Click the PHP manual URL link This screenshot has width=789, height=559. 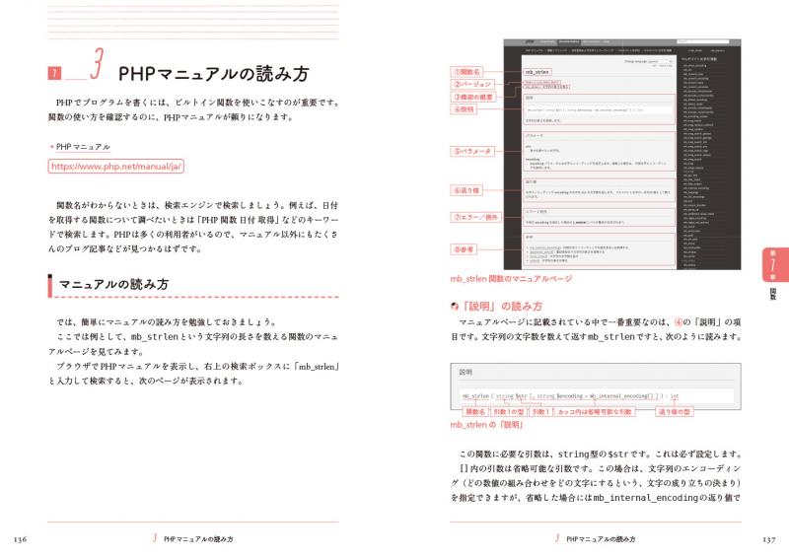(x=116, y=167)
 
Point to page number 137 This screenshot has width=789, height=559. (x=768, y=539)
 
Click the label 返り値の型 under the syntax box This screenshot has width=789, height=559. (x=679, y=411)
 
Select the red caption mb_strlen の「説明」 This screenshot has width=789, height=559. (x=485, y=425)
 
